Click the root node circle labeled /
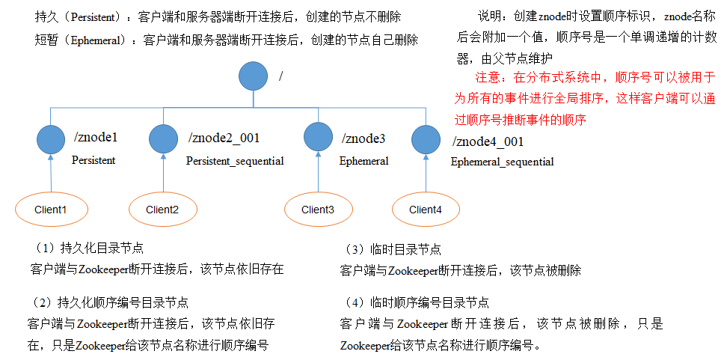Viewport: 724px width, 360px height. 254,76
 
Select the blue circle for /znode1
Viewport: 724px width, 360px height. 50,138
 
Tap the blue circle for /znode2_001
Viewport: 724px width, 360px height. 162,138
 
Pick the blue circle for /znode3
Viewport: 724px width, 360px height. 319,138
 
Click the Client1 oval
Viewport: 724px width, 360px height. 51,210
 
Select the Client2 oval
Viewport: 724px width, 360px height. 162,210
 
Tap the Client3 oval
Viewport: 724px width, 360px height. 318,210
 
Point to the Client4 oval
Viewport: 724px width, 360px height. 426,210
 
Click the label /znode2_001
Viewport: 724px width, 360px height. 224,138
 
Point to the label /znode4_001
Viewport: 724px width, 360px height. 488,141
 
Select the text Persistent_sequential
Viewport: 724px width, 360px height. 235,161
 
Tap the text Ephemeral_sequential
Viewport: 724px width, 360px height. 502,162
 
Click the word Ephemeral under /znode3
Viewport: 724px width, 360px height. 364,161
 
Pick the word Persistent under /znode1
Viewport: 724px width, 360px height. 93,160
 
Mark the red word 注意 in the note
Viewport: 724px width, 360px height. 487,77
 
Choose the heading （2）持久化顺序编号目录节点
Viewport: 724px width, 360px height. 108,303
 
